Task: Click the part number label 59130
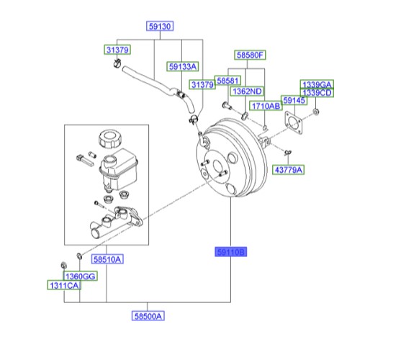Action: pyautogui.click(x=160, y=27)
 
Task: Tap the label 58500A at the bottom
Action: pyautogui.click(x=148, y=315)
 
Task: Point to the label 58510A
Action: pyautogui.click(x=107, y=258)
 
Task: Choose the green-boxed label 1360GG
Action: pyautogui.click(x=80, y=276)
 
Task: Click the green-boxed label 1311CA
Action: pyautogui.click(x=64, y=286)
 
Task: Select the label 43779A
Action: pyautogui.click(x=289, y=170)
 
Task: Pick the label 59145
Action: pyautogui.click(x=294, y=101)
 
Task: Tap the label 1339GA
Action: pyautogui.click(x=317, y=84)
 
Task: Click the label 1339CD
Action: pyautogui.click(x=317, y=93)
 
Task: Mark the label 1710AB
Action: pyautogui.click(x=266, y=106)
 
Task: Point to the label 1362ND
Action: pyautogui.click(x=247, y=91)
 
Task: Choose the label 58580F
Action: pyautogui.click(x=251, y=54)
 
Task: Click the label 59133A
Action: pyautogui.click(x=183, y=66)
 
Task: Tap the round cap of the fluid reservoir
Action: pyautogui.click(x=111, y=137)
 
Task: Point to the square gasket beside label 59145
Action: pyautogui.click(x=295, y=123)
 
